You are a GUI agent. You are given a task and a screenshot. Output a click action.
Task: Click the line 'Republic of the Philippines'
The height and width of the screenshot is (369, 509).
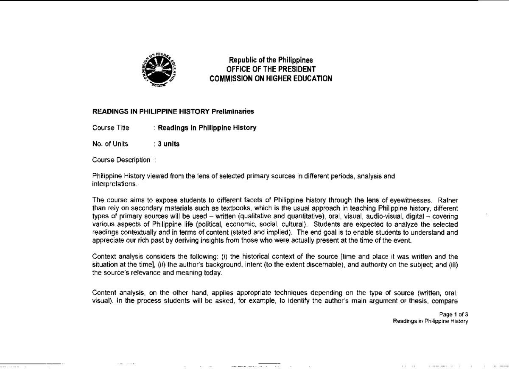tap(271, 61)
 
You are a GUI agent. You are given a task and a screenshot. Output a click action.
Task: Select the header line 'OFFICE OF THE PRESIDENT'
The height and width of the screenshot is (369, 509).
tap(271, 69)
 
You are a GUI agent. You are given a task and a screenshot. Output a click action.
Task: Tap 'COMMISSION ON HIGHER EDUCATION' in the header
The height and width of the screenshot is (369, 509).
tap(271, 78)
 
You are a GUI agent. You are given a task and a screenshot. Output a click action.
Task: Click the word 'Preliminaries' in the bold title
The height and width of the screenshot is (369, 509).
tap(233, 111)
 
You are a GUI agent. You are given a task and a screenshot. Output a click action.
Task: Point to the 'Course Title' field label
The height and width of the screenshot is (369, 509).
tap(110, 128)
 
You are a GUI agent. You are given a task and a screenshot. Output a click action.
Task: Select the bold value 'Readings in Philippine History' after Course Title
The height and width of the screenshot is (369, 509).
tap(207, 128)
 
